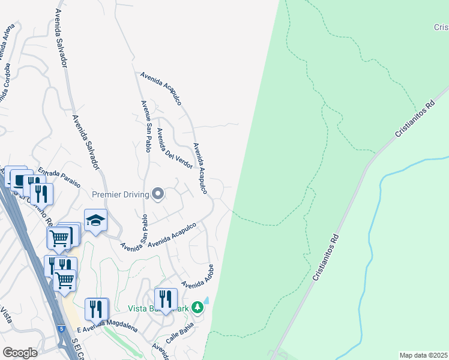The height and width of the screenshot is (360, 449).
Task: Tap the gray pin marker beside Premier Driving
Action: tap(158, 193)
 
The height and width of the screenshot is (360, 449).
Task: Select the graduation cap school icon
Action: tap(95, 221)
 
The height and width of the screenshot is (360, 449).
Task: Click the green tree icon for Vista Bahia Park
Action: tap(197, 308)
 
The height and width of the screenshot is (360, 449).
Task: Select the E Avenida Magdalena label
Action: tap(108, 328)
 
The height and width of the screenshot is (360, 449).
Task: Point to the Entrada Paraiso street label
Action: tap(58, 178)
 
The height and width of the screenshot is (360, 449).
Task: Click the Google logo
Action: tap(20, 353)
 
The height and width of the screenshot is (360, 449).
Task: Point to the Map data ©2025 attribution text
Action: tap(423, 355)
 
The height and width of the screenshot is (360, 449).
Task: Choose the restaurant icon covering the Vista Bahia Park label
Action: tap(166, 299)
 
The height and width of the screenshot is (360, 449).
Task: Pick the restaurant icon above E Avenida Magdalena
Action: tap(96, 308)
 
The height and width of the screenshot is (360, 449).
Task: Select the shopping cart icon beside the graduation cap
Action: tap(59, 237)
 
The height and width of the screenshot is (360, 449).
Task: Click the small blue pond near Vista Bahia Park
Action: tap(206, 300)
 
